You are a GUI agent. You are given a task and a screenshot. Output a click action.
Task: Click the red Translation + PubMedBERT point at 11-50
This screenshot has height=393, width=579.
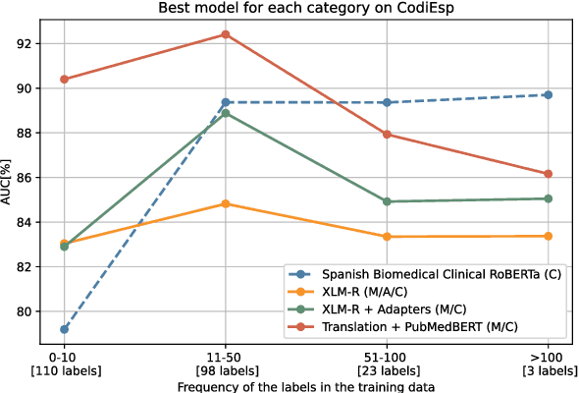tap(226, 34)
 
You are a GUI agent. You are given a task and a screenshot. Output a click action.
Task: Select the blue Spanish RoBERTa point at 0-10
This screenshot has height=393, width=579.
tap(64, 329)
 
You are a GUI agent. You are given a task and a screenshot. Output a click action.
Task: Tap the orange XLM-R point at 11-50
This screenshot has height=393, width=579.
tap(226, 203)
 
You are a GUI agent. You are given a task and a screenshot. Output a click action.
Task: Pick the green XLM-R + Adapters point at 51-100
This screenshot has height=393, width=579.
tap(387, 201)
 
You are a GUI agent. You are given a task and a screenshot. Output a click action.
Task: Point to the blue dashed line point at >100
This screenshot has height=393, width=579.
tap(548, 94)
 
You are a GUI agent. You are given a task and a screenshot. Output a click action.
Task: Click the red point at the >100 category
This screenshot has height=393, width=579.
tap(548, 174)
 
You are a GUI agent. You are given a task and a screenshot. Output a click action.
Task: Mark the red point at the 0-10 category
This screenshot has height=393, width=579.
tap(64, 79)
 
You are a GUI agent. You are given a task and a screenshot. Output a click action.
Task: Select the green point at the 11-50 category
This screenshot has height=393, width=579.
tap(226, 113)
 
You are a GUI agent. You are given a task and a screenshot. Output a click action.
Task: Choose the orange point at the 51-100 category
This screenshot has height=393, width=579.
tap(387, 237)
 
